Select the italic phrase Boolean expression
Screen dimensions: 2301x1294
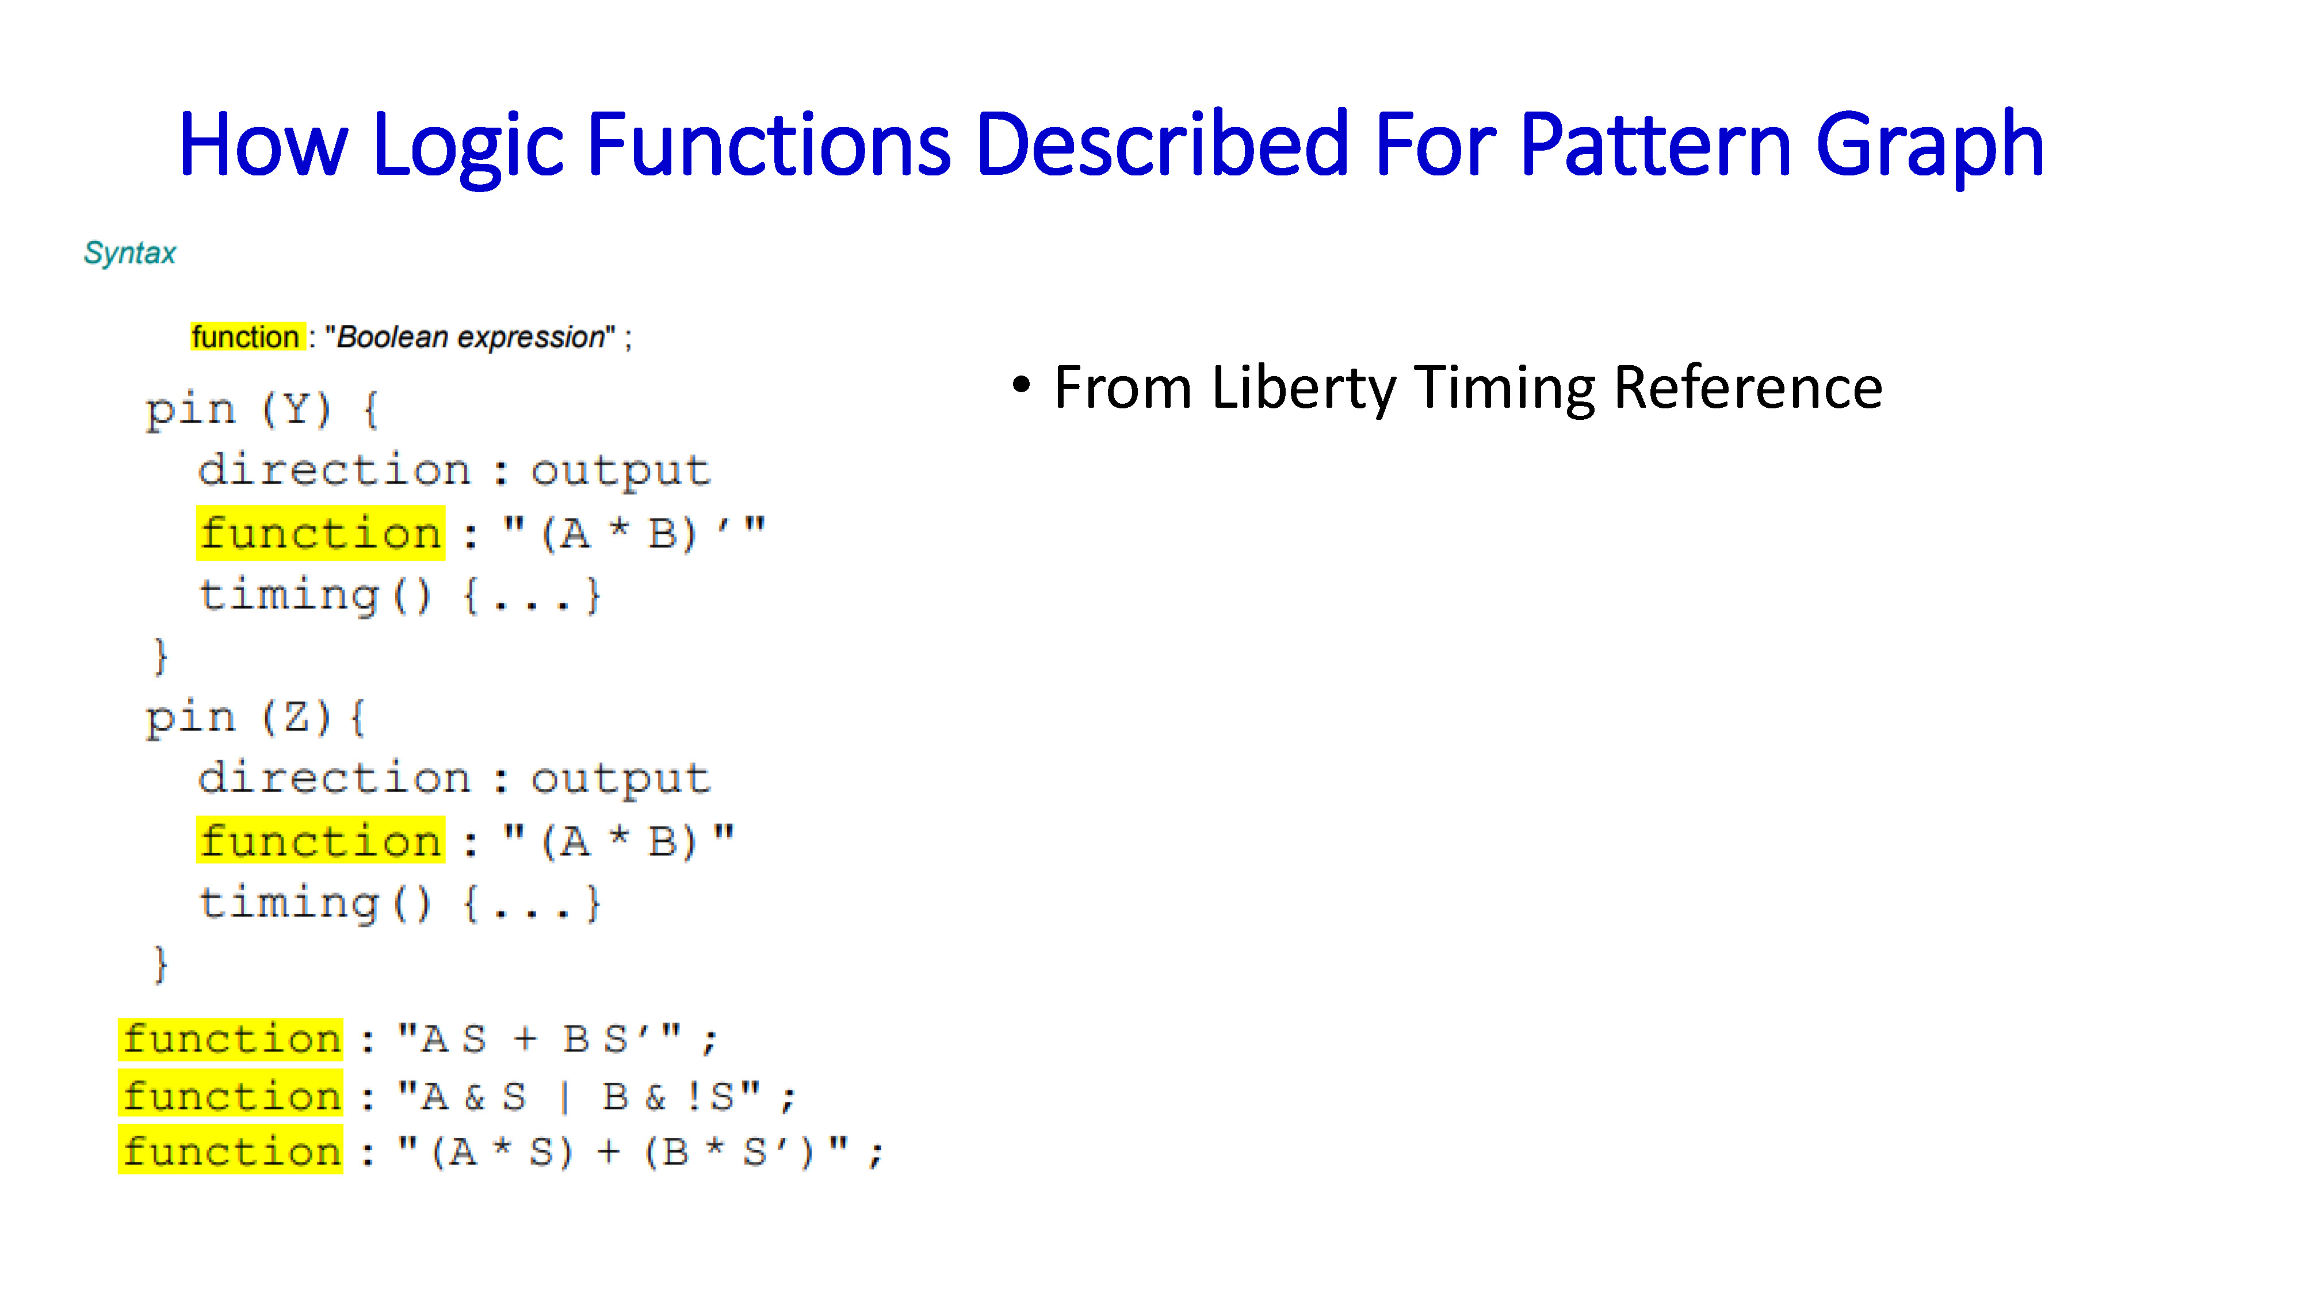471,338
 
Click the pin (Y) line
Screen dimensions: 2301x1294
262,410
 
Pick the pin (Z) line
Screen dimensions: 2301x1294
255,718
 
